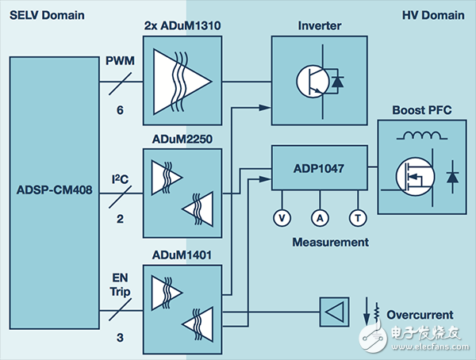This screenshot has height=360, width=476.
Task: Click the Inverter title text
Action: [319, 26]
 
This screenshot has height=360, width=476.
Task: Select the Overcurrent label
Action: [420, 314]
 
